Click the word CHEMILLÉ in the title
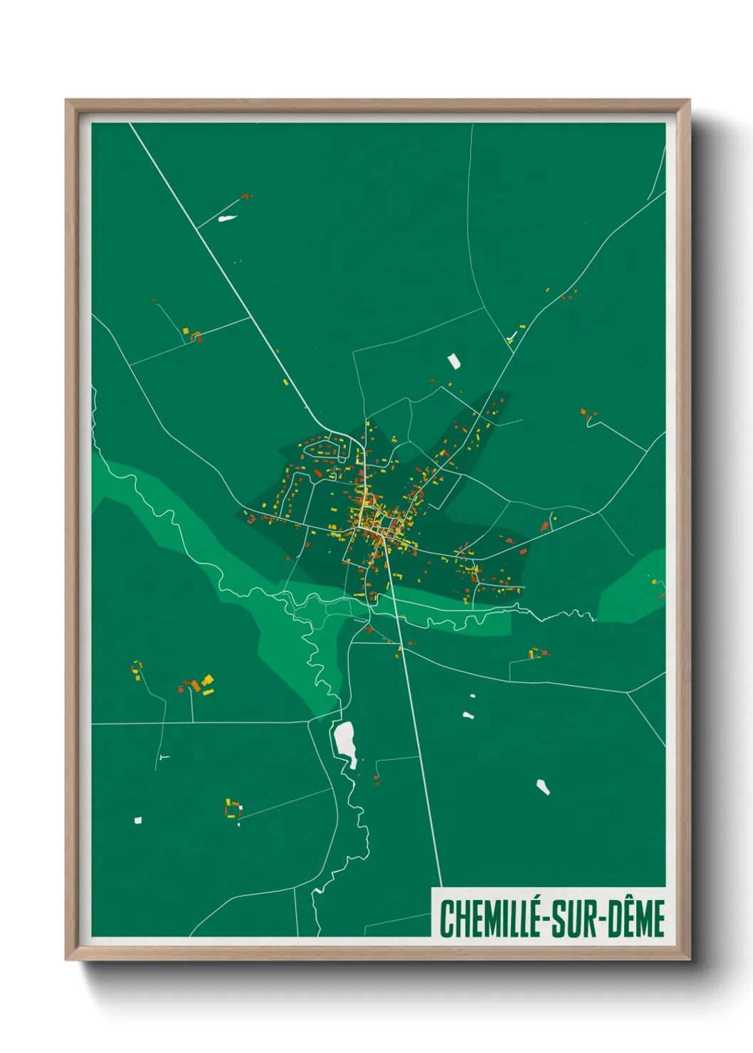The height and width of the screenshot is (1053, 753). tap(489, 919)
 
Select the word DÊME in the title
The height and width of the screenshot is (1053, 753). tap(638, 919)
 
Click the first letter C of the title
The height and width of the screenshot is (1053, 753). tap(446, 919)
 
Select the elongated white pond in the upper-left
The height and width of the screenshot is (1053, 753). tap(228, 218)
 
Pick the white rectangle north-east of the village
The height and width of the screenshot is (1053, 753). tap(453, 361)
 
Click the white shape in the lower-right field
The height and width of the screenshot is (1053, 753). tap(543, 786)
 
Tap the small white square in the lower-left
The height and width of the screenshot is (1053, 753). tap(138, 820)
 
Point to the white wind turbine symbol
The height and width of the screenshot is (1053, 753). tap(164, 756)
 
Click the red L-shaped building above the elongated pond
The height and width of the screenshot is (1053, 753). tap(246, 196)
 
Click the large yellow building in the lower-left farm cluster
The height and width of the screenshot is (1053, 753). tap(207, 680)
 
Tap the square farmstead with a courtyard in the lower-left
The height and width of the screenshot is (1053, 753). tap(232, 809)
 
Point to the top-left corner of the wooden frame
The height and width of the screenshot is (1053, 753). tap(67, 101)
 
